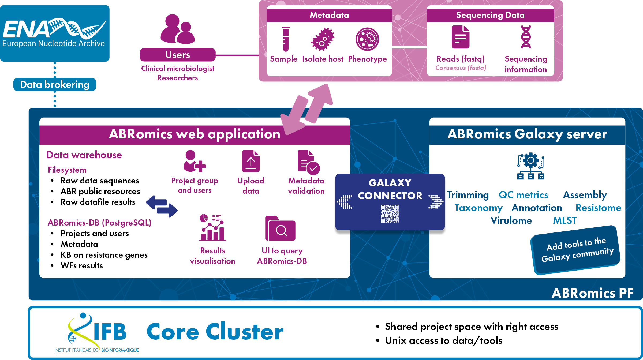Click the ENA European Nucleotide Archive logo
click(54, 33)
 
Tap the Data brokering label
click(55, 85)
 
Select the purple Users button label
click(178, 55)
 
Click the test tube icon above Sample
click(286, 39)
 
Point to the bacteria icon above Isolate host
click(323, 39)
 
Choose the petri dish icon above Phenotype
click(367, 39)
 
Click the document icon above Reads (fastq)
click(461, 37)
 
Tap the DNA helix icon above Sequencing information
click(526, 37)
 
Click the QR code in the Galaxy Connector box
click(390, 214)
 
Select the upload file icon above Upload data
click(251, 161)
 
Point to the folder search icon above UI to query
click(280, 228)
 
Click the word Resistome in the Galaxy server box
click(598, 208)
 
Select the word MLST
click(565, 220)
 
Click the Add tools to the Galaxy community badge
click(576, 250)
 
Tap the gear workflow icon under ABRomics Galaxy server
click(531, 166)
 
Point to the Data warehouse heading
click(84, 155)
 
